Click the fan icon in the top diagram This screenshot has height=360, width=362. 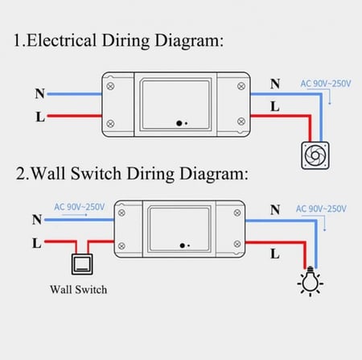(x=315, y=155)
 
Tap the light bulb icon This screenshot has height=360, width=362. (x=311, y=281)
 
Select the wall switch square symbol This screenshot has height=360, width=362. (x=82, y=264)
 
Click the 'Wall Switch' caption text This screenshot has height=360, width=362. (x=79, y=290)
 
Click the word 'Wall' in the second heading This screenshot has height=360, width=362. (x=48, y=173)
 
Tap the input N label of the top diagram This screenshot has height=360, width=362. (x=40, y=93)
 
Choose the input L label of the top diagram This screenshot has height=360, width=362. (x=40, y=117)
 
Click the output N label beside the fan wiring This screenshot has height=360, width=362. (x=275, y=84)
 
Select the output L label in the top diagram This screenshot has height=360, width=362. (x=275, y=106)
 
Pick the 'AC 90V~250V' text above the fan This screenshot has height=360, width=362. (x=326, y=84)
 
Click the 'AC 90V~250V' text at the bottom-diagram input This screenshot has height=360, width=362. (x=80, y=207)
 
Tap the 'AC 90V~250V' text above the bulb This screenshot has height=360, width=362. (x=321, y=209)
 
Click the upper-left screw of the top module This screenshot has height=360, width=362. (x=110, y=86)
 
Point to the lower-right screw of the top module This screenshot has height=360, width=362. (x=241, y=121)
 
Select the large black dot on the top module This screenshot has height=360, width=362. (x=179, y=123)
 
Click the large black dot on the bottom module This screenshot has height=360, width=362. (x=183, y=246)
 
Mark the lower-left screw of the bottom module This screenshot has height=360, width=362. (x=121, y=246)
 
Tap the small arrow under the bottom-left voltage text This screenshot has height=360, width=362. (x=75, y=215)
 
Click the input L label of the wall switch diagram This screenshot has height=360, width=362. (x=37, y=243)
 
